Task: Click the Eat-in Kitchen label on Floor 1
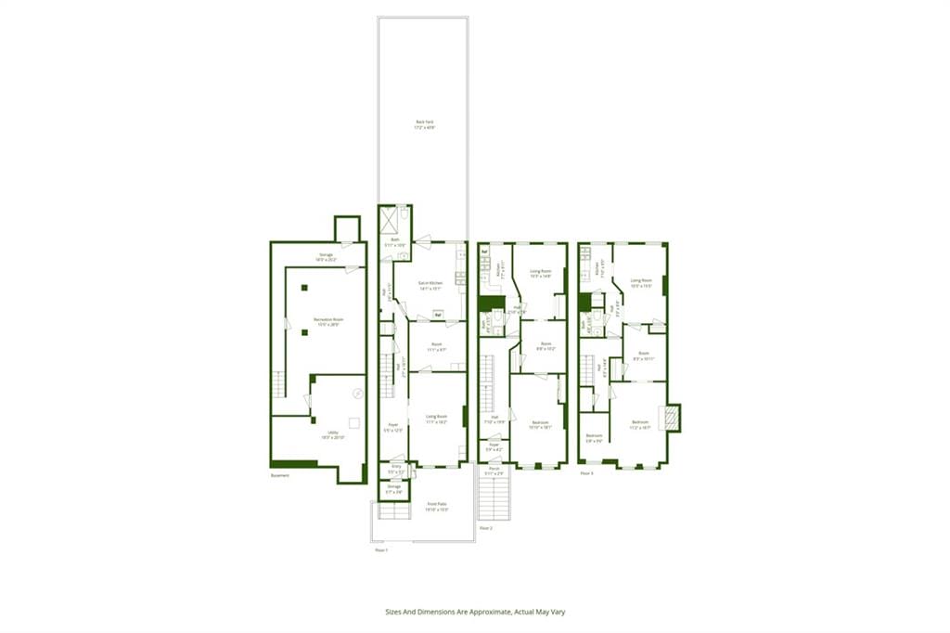(430, 284)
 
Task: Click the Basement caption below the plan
(280, 475)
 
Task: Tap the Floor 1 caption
(380, 549)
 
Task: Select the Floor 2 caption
(485, 527)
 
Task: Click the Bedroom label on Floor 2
(540, 424)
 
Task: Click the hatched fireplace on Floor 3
(670, 418)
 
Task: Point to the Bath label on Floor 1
(395, 241)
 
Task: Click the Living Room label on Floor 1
(436, 418)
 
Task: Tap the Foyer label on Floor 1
(392, 428)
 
